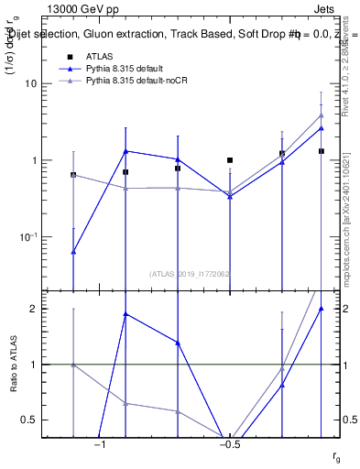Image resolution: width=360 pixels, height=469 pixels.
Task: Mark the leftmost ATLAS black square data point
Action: coord(73,174)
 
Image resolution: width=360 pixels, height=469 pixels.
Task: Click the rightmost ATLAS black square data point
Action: coord(322,151)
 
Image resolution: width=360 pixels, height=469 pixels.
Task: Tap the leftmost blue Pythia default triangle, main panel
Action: coord(73,251)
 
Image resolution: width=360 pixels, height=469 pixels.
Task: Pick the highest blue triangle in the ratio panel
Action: coord(322,309)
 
